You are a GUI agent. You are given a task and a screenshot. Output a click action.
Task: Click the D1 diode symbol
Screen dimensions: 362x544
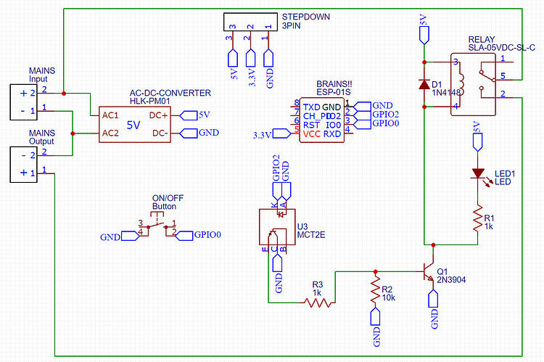424,84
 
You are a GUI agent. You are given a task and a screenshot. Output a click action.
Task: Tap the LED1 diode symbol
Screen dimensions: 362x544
477,173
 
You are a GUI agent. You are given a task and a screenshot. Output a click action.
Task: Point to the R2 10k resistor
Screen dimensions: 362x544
375,291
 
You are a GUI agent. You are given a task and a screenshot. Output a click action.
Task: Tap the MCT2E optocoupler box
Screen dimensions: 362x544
277,226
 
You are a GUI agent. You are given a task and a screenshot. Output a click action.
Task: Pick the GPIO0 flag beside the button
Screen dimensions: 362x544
203,235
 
